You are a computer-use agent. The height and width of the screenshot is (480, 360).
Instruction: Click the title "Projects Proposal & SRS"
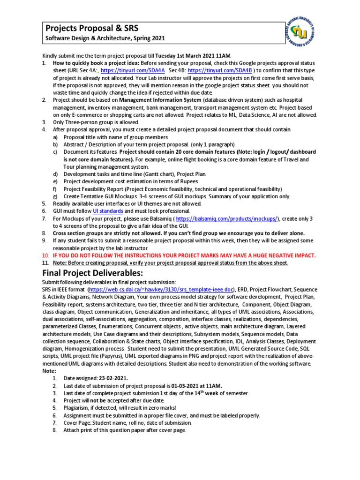[92, 28]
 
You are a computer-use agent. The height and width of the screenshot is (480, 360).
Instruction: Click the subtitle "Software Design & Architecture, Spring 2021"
[105, 38]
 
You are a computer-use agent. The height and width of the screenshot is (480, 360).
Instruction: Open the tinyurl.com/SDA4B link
[220, 70]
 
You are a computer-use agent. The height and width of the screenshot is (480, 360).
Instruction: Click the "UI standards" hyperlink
[108, 211]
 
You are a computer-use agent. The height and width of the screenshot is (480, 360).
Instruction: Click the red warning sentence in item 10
[184, 255]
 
